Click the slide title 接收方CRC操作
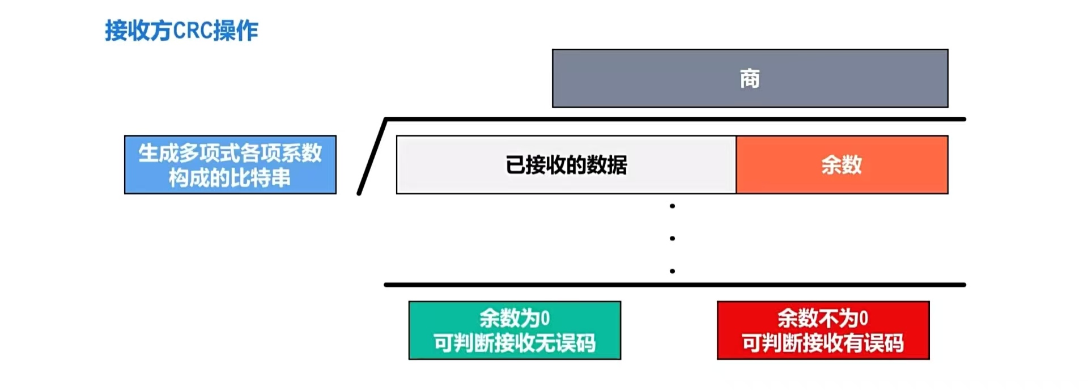click(x=181, y=31)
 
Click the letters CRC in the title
click(x=193, y=31)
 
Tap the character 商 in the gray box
click(x=750, y=79)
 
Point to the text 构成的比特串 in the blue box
click(x=229, y=178)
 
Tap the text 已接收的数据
click(x=566, y=165)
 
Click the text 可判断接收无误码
click(x=515, y=343)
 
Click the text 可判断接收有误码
click(x=823, y=343)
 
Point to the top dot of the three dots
click(x=672, y=206)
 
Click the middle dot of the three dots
click(x=672, y=239)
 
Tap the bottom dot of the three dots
click(x=672, y=271)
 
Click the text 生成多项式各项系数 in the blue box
click(x=229, y=152)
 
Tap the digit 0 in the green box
click(x=545, y=318)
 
